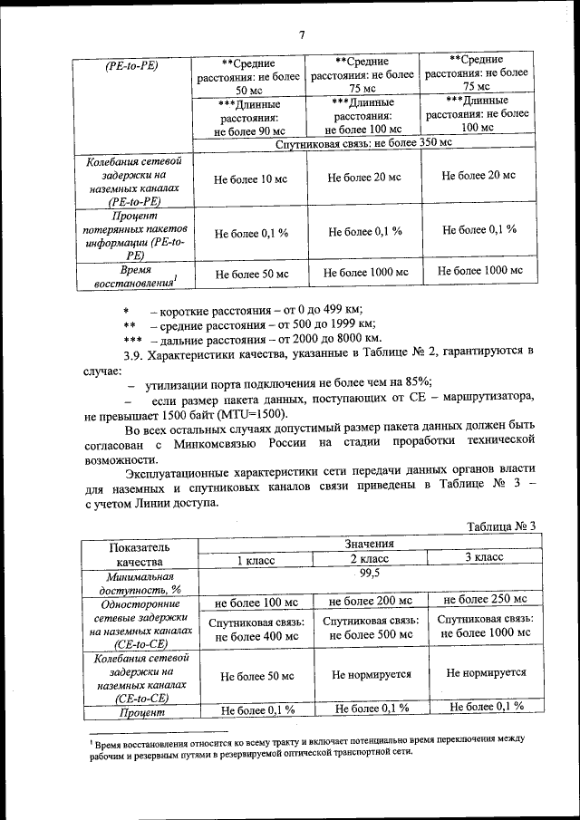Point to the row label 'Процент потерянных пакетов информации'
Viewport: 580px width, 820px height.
(x=134, y=236)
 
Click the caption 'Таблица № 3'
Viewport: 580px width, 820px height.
(x=501, y=526)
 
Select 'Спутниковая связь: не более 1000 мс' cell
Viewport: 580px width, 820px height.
(x=483, y=626)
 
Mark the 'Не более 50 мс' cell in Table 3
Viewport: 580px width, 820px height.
(x=256, y=676)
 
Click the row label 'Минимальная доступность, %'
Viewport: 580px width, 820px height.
(x=138, y=582)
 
